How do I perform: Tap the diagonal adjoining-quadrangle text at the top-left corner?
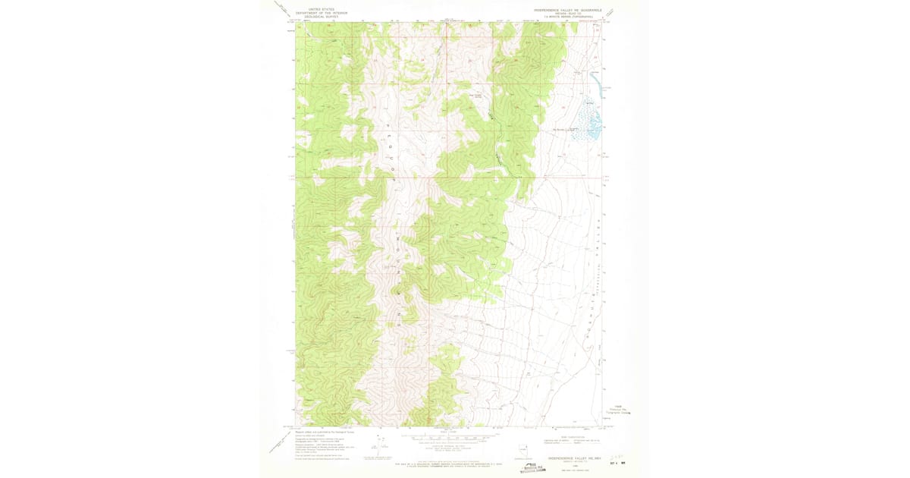(x=284, y=8)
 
